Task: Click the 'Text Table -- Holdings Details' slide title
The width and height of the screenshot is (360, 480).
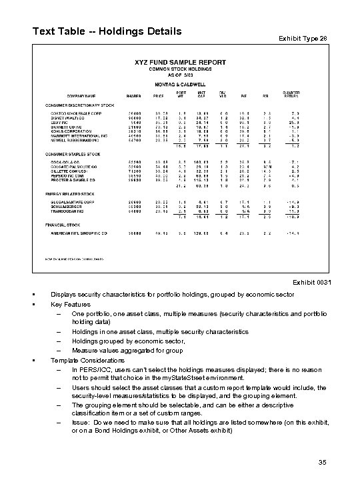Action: point(107,31)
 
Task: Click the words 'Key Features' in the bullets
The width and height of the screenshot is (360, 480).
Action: point(70,303)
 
